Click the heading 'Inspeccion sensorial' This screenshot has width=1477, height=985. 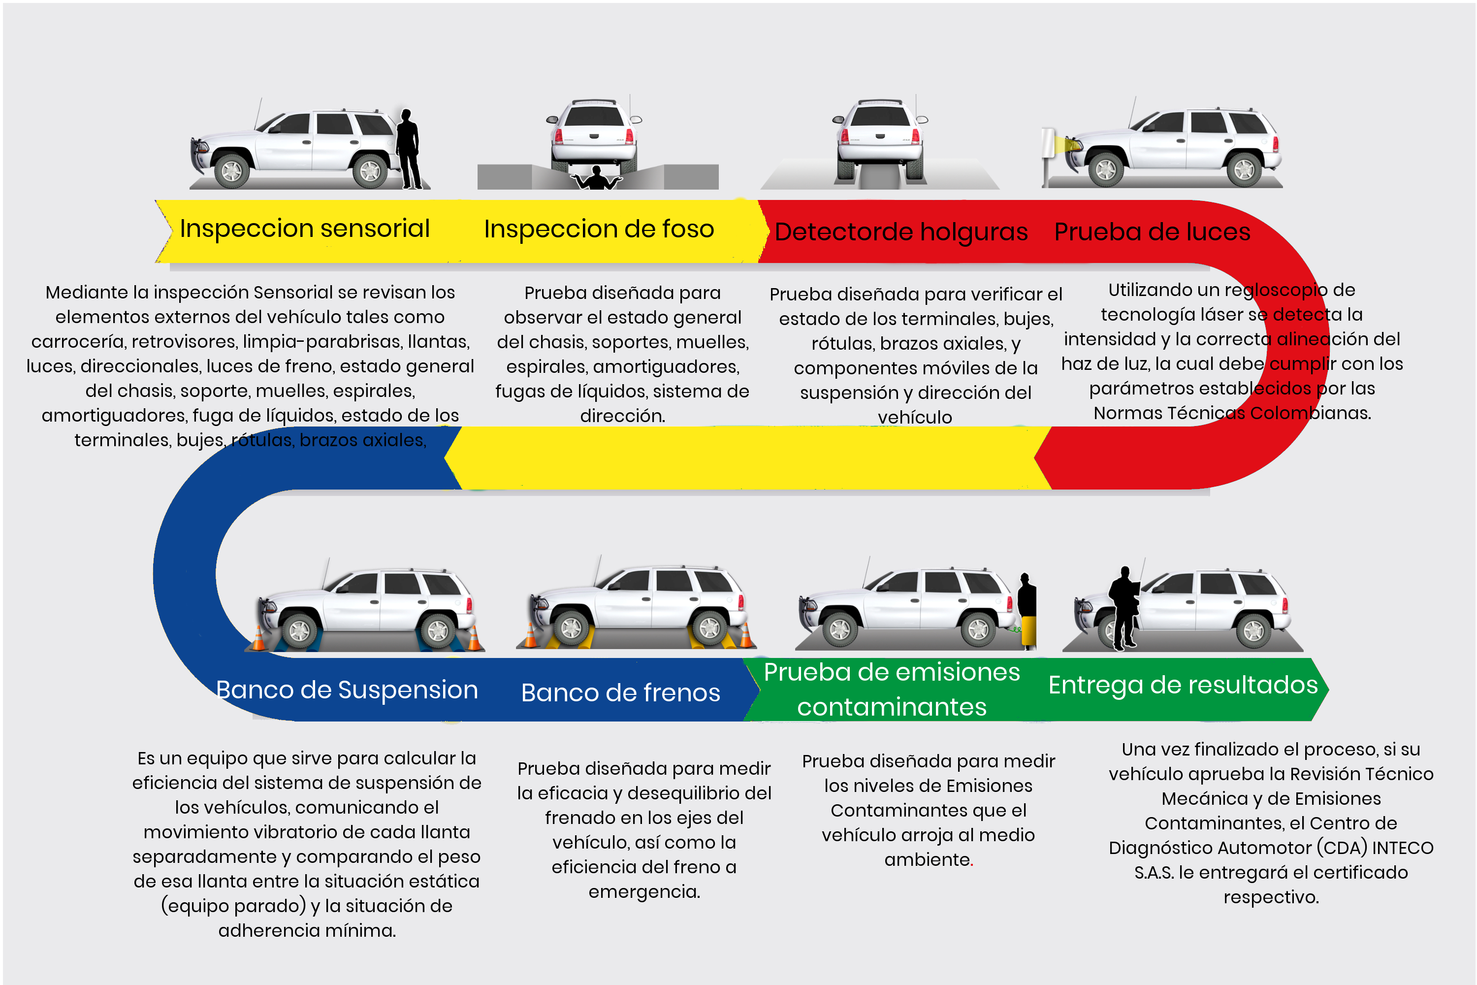click(305, 229)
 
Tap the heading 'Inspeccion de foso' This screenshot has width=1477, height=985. click(599, 230)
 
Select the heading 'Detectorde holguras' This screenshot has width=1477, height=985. click(900, 232)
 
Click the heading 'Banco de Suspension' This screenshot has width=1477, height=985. click(347, 690)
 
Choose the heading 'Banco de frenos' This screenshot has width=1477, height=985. click(620, 692)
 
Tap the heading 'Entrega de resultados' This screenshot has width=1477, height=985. click(1183, 685)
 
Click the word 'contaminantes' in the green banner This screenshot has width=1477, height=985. click(892, 707)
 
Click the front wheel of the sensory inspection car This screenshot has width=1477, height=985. click(231, 170)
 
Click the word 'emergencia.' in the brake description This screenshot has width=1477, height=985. click(644, 891)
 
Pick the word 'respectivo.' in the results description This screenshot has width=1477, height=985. click(1271, 897)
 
